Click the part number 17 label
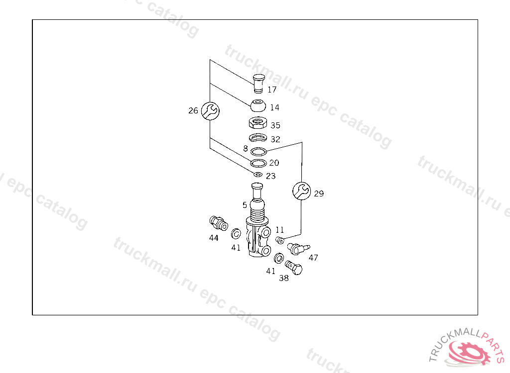click(x=272, y=90)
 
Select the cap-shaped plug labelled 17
click(x=258, y=84)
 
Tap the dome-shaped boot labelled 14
click(x=258, y=105)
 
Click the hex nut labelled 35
click(x=258, y=123)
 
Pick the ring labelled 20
click(x=258, y=163)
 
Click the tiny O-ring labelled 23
click(x=258, y=175)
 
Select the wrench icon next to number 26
click(x=210, y=111)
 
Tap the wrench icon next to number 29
click(x=301, y=190)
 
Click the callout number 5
click(x=245, y=205)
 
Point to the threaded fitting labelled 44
click(x=219, y=223)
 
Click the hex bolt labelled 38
click(x=294, y=268)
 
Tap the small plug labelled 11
click(x=280, y=240)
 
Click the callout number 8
click(x=246, y=149)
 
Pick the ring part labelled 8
click(x=258, y=151)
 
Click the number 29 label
click(x=319, y=193)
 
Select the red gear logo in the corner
click(x=469, y=354)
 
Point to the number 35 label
click(x=275, y=125)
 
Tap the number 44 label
click(x=214, y=238)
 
